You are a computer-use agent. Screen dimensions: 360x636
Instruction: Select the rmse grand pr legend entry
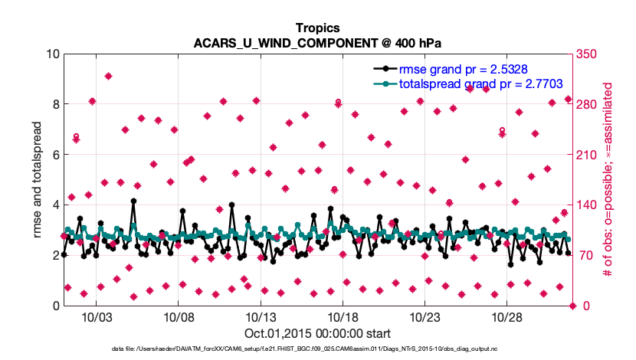tap(461, 69)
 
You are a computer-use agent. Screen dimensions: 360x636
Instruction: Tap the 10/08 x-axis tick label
tap(178, 317)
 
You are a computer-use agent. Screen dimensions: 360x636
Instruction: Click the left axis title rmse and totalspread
tap(37, 180)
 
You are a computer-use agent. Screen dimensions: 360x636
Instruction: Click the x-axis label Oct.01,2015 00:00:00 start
tap(317, 333)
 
